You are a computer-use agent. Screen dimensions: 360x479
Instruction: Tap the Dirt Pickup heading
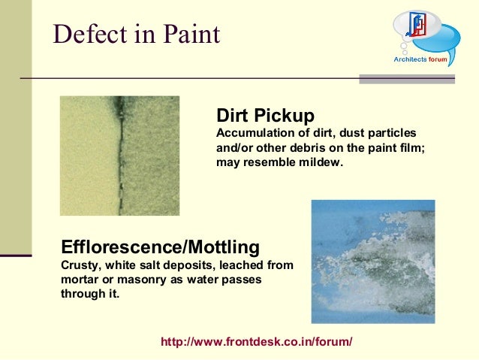[264, 116]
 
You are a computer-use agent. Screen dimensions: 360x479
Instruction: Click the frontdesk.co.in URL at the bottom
[256, 342]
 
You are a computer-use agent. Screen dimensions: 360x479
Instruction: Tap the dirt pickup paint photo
[119, 156]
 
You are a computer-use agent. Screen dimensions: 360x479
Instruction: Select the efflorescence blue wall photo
[372, 261]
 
